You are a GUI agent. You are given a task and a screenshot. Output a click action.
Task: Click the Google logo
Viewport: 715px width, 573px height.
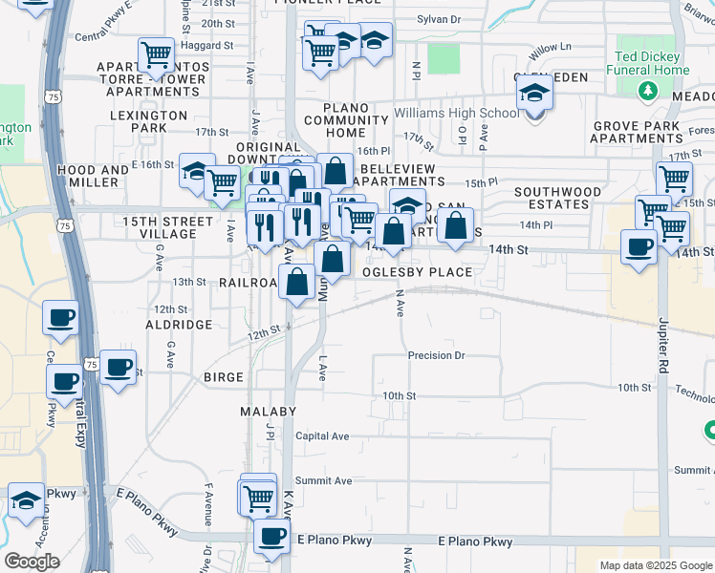(32, 562)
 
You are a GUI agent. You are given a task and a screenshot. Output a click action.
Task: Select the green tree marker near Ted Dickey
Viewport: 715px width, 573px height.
(649, 91)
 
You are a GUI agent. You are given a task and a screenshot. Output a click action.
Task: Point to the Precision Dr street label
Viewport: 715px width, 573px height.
(436, 355)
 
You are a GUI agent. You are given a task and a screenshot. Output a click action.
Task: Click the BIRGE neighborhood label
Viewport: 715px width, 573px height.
(224, 377)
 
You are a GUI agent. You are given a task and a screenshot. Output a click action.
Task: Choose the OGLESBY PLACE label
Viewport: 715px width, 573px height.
(417, 272)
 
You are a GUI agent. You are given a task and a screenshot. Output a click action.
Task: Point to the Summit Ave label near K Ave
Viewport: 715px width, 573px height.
(323, 480)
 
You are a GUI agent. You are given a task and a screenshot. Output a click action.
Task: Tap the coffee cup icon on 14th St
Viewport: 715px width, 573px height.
(639, 246)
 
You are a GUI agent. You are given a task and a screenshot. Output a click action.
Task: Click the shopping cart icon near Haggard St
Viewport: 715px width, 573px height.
(155, 53)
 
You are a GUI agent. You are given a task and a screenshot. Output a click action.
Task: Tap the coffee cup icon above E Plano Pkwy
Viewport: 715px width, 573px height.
(272, 536)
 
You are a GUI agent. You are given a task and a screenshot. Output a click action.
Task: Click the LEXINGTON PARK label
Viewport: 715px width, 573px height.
(150, 121)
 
